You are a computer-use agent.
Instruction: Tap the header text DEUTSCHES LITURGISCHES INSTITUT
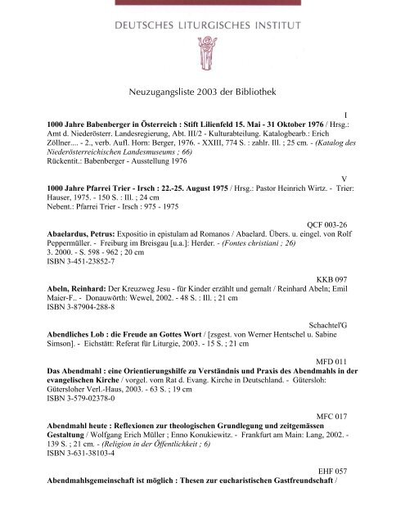pyautogui.click(x=202, y=15)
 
